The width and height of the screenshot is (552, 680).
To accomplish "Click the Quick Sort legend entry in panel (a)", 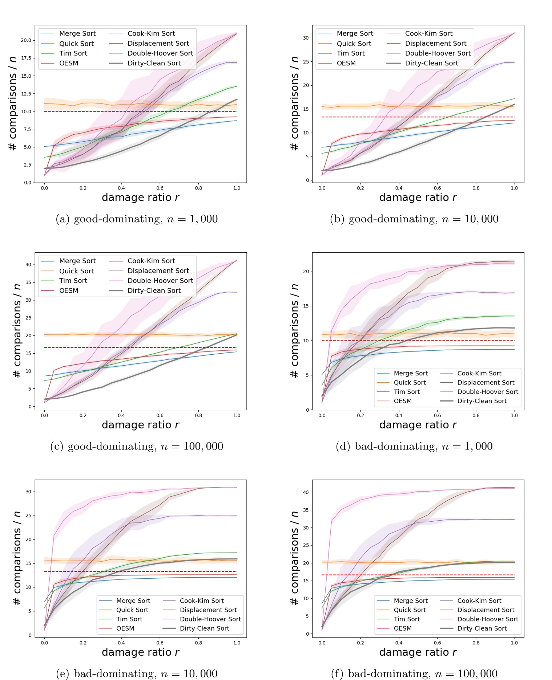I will pyautogui.click(x=76, y=44).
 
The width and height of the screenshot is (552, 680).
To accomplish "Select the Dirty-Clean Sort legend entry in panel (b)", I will pyautogui.click(x=431, y=63).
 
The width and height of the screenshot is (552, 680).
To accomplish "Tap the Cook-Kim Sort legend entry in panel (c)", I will pyautogui.click(x=151, y=261).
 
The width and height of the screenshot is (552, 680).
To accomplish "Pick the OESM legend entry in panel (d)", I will pyautogui.click(x=403, y=401).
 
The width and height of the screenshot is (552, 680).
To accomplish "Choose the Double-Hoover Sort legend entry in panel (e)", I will pyautogui.click(x=210, y=619).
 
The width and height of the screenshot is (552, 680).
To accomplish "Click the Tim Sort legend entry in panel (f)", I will pyautogui.click(x=407, y=619).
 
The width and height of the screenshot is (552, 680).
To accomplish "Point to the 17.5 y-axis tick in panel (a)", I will pyautogui.click(x=26, y=58).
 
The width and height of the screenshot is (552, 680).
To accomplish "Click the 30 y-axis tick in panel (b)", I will pyautogui.click(x=306, y=38).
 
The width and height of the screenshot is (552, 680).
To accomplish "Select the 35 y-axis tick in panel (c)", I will pyautogui.click(x=28, y=282).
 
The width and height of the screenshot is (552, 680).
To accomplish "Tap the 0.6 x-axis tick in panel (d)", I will pyautogui.click(x=437, y=416).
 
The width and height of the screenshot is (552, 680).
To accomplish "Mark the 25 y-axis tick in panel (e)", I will pyautogui.click(x=28, y=516).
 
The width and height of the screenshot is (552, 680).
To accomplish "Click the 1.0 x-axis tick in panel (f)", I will pyautogui.click(x=514, y=643).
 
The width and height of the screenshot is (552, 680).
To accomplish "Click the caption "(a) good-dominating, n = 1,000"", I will pyautogui.click(x=137, y=219).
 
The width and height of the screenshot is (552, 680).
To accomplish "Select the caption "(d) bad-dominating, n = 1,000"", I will pyautogui.click(x=414, y=446).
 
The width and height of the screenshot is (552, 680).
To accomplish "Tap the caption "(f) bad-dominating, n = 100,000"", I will pyautogui.click(x=414, y=674).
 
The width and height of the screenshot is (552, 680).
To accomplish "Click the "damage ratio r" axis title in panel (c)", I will pyautogui.click(x=140, y=425).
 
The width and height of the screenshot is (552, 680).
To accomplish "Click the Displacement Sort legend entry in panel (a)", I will pyautogui.click(x=158, y=44).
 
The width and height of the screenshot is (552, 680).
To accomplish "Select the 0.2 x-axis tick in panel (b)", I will pyautogui.click(x=360, y=188).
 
